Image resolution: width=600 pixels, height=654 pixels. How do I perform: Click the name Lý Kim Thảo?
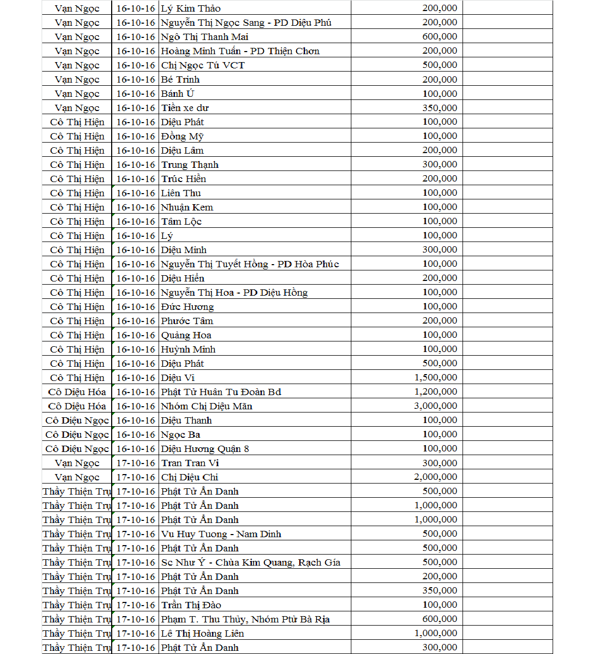[x=191, y=8]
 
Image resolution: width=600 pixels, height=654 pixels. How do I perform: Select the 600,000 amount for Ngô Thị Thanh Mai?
[x=439, y=37]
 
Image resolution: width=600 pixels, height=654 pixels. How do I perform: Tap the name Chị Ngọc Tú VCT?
[x=203, y=65]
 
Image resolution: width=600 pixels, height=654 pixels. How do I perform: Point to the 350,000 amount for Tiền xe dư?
[x=439, y=108]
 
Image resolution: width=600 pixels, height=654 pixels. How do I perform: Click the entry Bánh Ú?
[x=178, y=94]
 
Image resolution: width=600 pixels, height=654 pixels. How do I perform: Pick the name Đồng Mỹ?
[x=182, y=136]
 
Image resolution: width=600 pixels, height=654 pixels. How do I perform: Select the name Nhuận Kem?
[x=187, y=207]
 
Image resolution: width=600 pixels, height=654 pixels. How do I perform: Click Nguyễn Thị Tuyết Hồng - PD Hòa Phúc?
[x=250, y=264]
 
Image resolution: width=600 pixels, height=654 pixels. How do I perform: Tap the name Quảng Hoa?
[x=186, y=335]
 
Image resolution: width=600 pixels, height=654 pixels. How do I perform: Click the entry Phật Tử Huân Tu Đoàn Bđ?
[x=221, y=392]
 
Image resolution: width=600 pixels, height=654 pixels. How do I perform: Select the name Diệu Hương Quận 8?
[x=205, y=449]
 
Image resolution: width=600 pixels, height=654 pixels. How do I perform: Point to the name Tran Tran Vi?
[x=190, y=463]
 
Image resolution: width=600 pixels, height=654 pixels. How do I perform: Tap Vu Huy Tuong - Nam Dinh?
[x=221, y=534]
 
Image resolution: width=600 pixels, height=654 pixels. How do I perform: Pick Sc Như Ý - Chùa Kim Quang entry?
[x=250, y=562]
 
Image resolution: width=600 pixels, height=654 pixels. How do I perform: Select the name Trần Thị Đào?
[x=191, y=605]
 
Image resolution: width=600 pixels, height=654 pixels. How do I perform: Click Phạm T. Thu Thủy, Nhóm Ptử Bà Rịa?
[x=245, y=619]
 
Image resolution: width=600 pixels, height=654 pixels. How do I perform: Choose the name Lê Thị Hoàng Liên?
[x=202, y=633]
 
